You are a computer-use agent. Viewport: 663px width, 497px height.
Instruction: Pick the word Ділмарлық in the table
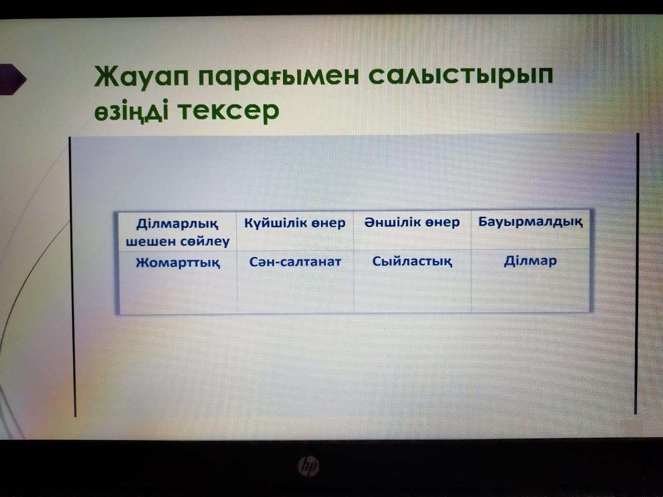(x=177, y=224)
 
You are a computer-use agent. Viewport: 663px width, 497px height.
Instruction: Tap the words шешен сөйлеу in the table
(x=178, y=241)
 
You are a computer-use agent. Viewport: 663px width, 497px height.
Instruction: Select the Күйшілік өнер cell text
(x=295, y=223)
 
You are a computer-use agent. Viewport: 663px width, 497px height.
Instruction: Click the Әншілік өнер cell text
(x=412, y=223)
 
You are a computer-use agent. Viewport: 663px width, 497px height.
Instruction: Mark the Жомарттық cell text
(x=178, y=263)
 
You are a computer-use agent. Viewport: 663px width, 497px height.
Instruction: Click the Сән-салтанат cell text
(x=295, y=261)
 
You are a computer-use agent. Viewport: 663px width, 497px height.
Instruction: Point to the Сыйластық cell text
(x=412, y=261)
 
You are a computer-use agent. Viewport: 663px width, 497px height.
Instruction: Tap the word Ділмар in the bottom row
(x=530, y=261)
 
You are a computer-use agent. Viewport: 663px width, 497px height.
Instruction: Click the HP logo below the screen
(x=308, y=466)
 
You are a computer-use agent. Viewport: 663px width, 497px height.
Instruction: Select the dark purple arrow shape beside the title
(x=12, y=79)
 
